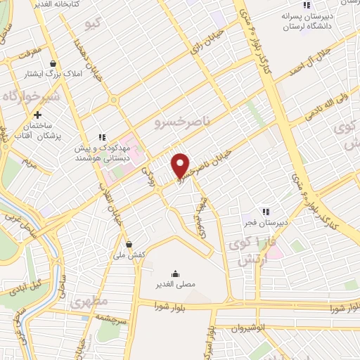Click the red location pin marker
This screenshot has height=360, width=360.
pyautogui.click(x=181, y=165)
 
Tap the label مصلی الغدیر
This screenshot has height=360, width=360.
pyautogui.click(x=174, y=285)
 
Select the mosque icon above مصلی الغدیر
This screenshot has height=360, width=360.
pyautogui.click(x=174, y=274)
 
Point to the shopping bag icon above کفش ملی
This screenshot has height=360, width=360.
pyautogui.click(x=129, y=245)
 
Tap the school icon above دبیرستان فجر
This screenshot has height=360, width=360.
pyautogui.click(x=265, y=211)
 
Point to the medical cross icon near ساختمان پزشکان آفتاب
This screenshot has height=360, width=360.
pyautogui.click(x=38, y=115)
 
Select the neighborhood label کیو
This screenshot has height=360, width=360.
pyautogui.click(x=93, y=25)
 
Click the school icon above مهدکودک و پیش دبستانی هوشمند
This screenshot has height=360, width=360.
pyautogui.click(x=102, y=138)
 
